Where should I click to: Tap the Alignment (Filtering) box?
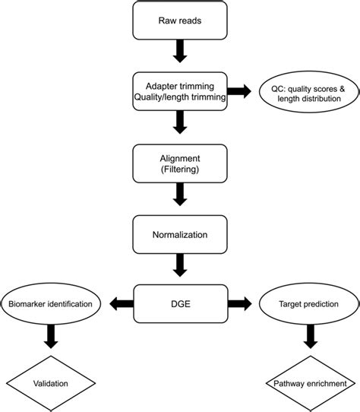pos(180,162)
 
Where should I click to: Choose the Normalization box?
pos(180,234)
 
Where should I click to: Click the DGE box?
pos(180,304)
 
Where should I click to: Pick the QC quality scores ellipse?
pos(308,92)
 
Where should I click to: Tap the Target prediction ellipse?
pos(308,304)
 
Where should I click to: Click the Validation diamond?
pos(52,383)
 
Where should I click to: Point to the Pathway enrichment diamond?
pos(308,383)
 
